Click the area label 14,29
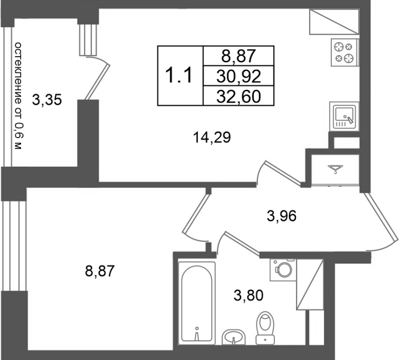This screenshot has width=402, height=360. point(212,137)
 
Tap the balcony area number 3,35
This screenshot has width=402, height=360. point(47,100)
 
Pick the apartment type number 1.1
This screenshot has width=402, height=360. point(179,76)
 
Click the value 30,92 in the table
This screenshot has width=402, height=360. point(239,76)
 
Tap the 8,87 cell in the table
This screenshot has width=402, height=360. point(239,56)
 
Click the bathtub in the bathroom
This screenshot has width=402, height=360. point(197,304)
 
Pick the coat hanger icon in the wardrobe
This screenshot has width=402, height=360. point(335,170)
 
